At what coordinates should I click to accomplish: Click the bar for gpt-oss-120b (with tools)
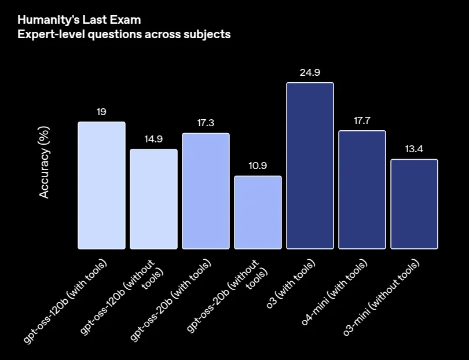(101, 185)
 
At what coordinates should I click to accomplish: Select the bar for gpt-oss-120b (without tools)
(153, 199)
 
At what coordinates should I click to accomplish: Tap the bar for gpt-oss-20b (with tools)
(206, 191)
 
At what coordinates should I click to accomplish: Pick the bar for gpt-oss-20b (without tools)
(258, 212)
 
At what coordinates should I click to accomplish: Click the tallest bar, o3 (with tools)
(310, 166)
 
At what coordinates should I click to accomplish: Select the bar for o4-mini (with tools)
(362, 190)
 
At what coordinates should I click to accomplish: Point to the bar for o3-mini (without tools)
(414, 204)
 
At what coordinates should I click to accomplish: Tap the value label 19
(101, 112)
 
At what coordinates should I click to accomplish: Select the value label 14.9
(153, 139)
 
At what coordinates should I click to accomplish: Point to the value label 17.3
(206, 123)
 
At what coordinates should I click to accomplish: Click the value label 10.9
(258, 166)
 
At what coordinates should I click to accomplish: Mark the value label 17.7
(362, 120)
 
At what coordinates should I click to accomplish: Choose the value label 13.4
(414, 149)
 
